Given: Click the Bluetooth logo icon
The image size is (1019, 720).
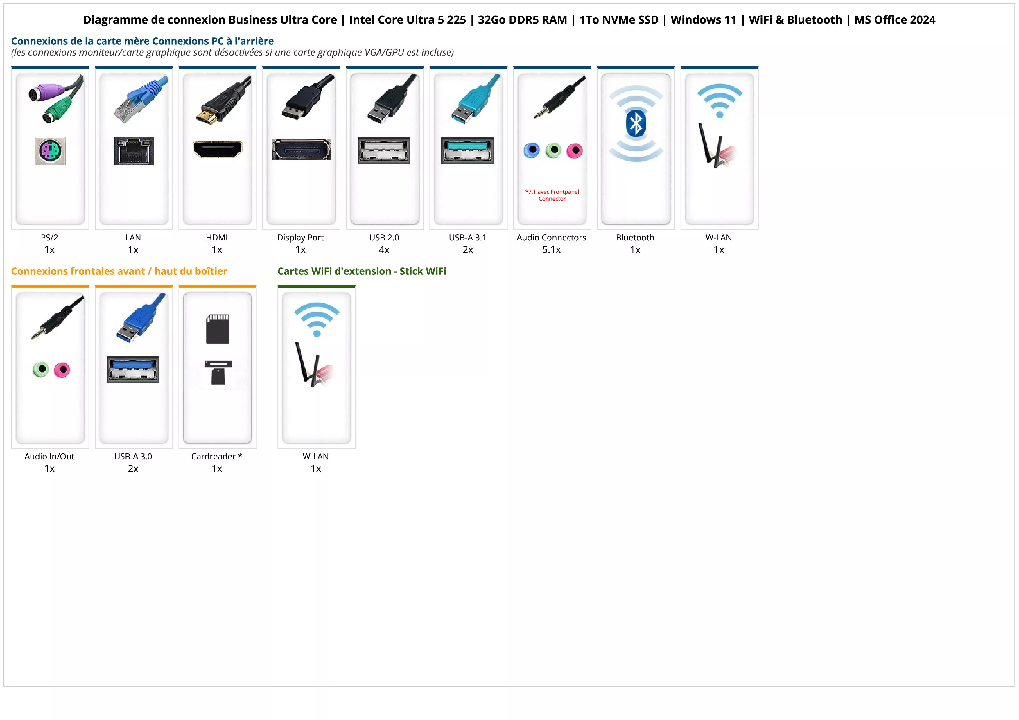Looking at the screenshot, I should (x=636, y=124).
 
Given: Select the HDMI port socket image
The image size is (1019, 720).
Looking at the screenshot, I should (x=218, y=149).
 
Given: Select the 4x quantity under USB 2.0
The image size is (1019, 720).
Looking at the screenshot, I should (x=384, y=250).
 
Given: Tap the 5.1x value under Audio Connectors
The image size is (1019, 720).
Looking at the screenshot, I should (x=551, y=250).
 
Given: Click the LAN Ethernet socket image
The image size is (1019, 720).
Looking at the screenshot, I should (x=134, y=151).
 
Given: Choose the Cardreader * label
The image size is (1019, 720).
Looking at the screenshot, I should (x=217, y=457).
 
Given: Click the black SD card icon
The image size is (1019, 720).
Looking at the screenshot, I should (x=218, y=329).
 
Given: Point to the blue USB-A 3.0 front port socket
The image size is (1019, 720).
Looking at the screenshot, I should (x=133, y=369).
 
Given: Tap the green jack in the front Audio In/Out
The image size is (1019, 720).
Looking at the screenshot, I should (x=41, y=369).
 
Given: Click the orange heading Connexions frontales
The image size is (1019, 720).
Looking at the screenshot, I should (x=119, y=271).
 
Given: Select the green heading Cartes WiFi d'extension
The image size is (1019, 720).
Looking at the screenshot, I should (x=362, y=271).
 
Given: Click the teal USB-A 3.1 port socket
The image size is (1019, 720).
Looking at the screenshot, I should (x=467, y=150).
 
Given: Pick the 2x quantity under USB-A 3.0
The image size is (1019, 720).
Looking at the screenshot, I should (x=133, y=468).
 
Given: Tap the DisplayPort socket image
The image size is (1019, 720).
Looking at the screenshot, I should (x=301, y=150).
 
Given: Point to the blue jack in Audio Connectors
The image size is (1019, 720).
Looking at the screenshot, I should (x=532, y=150).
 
